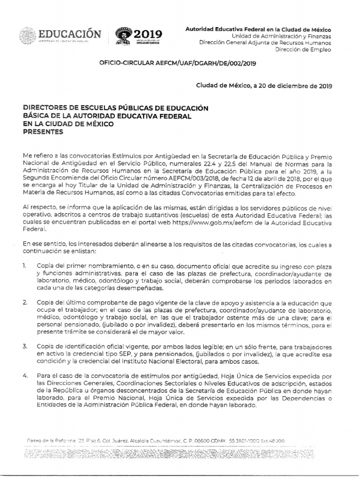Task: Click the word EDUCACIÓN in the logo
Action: pos(69,34)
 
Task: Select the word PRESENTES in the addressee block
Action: pos(43,132)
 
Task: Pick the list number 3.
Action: pos(25,346)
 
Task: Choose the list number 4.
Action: pos(25,376)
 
